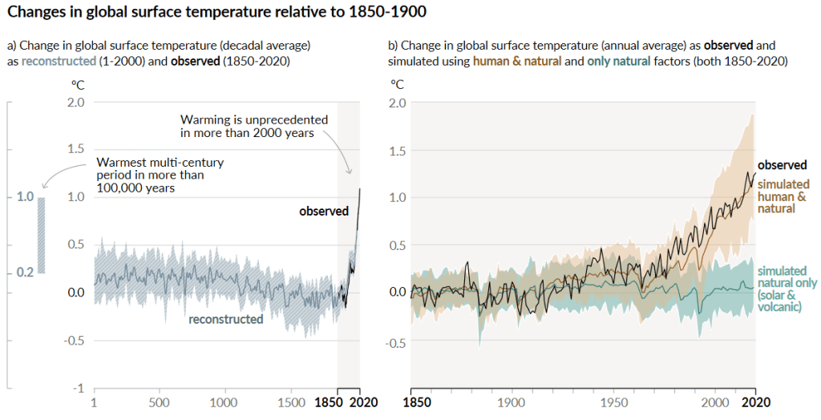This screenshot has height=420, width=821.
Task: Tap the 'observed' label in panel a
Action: coord(324,212)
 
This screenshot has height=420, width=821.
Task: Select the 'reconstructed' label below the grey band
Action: coord(225,319)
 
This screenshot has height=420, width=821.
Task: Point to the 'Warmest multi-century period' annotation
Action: coord(160,175)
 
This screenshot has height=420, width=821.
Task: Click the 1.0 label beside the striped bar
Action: coord(25,196)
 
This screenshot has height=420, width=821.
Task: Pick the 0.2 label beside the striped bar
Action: coord(25,273)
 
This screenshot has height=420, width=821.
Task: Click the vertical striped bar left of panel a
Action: coord(41,235)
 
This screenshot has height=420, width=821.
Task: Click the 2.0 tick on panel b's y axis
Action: coord(398,103)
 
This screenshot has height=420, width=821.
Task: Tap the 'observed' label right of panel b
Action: coord(782,165)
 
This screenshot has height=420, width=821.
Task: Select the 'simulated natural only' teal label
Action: coord(787,289)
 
